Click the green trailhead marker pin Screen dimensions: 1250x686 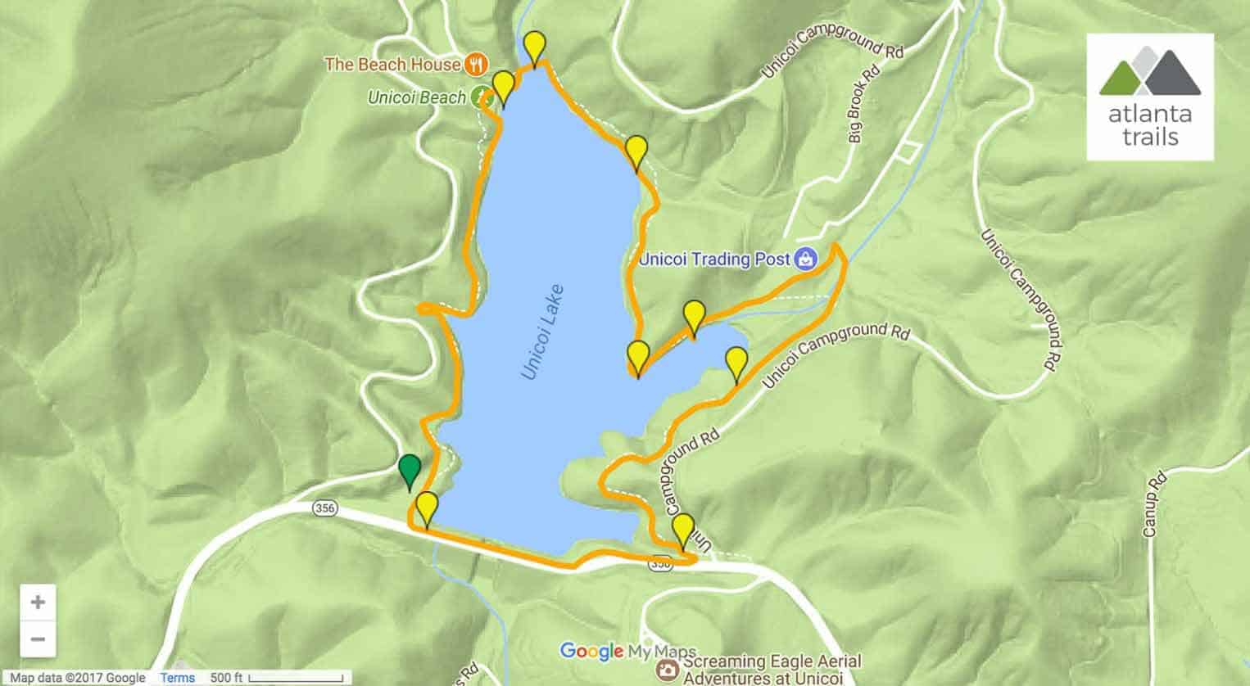coord(409,471)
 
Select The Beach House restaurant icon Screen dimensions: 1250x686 coord(476,63)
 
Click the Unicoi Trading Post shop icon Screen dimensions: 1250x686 coord(806,260)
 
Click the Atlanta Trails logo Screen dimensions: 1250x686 coord(1151,97)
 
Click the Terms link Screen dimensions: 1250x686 coord(177,678)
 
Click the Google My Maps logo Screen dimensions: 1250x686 coord(627,652)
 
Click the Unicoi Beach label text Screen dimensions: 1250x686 coord(416,97)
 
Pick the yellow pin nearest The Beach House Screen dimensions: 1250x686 coord(503,85)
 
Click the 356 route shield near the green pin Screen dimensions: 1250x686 coord(324,508)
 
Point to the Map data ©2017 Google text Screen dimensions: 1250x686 coord(77,678)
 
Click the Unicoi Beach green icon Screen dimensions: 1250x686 coord(480,97)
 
